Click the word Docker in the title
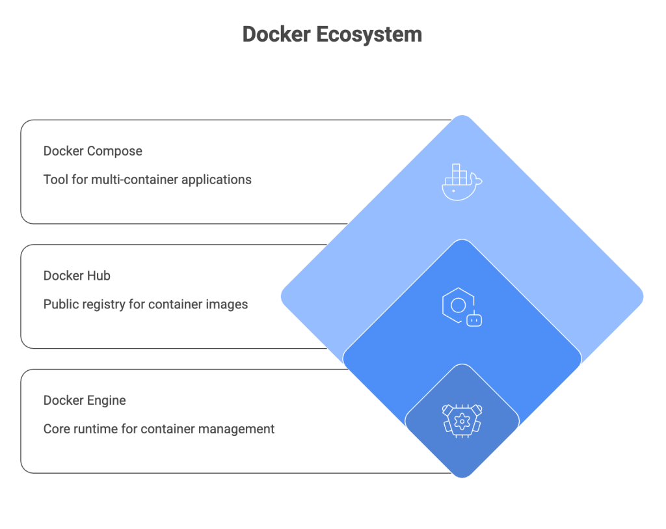276,34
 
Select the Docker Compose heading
92,151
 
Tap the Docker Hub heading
77,276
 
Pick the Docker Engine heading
85,400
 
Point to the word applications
215,180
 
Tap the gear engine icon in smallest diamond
462,420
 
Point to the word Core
57,429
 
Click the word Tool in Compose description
55,180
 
